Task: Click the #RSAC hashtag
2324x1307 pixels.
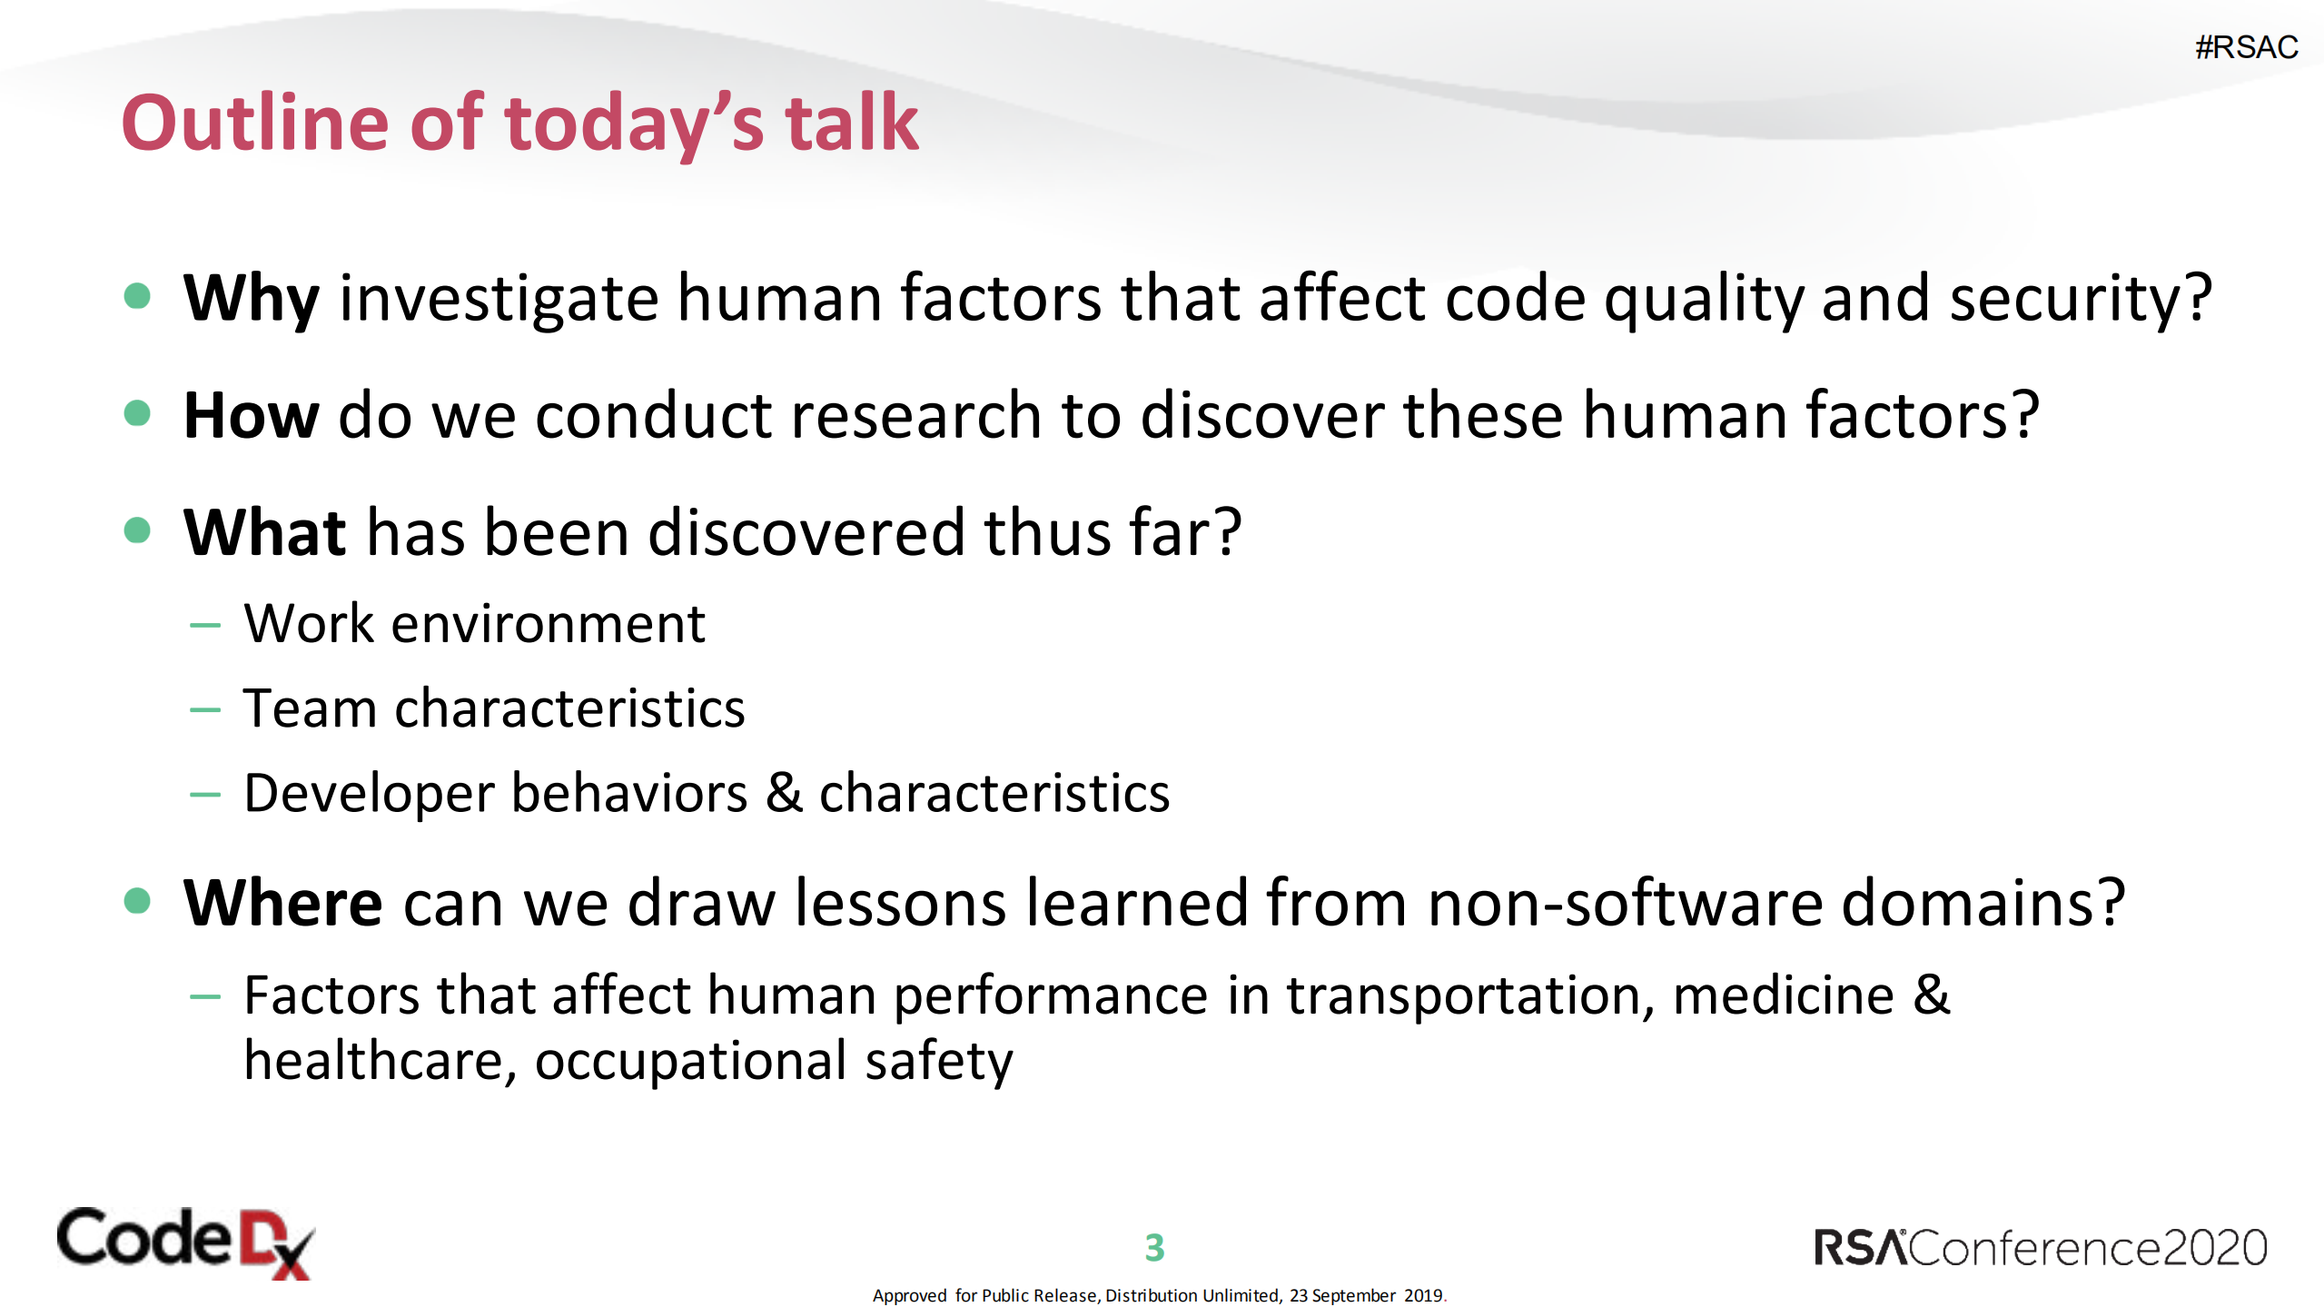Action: pos(2246,47)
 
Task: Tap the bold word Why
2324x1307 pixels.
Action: pos(252,299)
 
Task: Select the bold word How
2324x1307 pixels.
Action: pos(252,415)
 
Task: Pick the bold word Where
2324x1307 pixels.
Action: pos(282,903)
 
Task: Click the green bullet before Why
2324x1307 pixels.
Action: pos(137,296)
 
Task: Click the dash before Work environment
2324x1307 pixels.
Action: pos(205,625)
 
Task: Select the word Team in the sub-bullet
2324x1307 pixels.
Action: pos(310,708)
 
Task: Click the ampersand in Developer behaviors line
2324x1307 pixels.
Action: pos(784,792)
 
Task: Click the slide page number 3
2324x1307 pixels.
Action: pos(1154,1248)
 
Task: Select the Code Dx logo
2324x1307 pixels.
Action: pos(186,1243)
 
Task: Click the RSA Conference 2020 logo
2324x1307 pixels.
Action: pos(2040,1247)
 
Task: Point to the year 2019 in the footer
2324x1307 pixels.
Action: pos(1423,1295)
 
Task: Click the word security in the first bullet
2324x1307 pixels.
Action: pos(2081,299)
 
